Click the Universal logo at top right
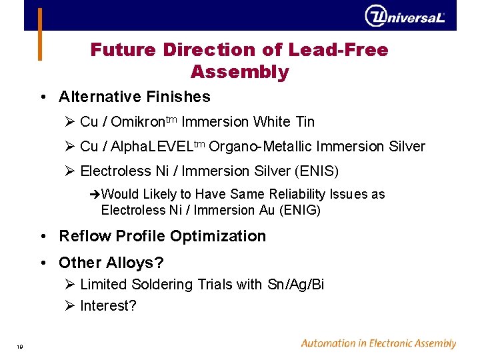click(x=405, y=15)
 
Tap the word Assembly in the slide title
click(x=239, y=72)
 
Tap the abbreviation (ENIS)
click(x=316, y=171)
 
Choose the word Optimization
click(x=218, y=236)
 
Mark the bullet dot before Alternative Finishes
click(x=42, y=97)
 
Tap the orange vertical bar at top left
click(x=39, y=33)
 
